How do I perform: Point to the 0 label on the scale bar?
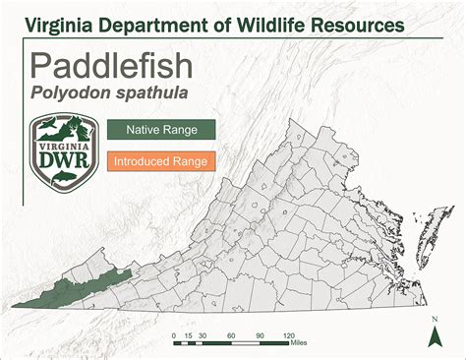tap(173, 336)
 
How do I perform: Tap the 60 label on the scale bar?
tap(232, 336)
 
